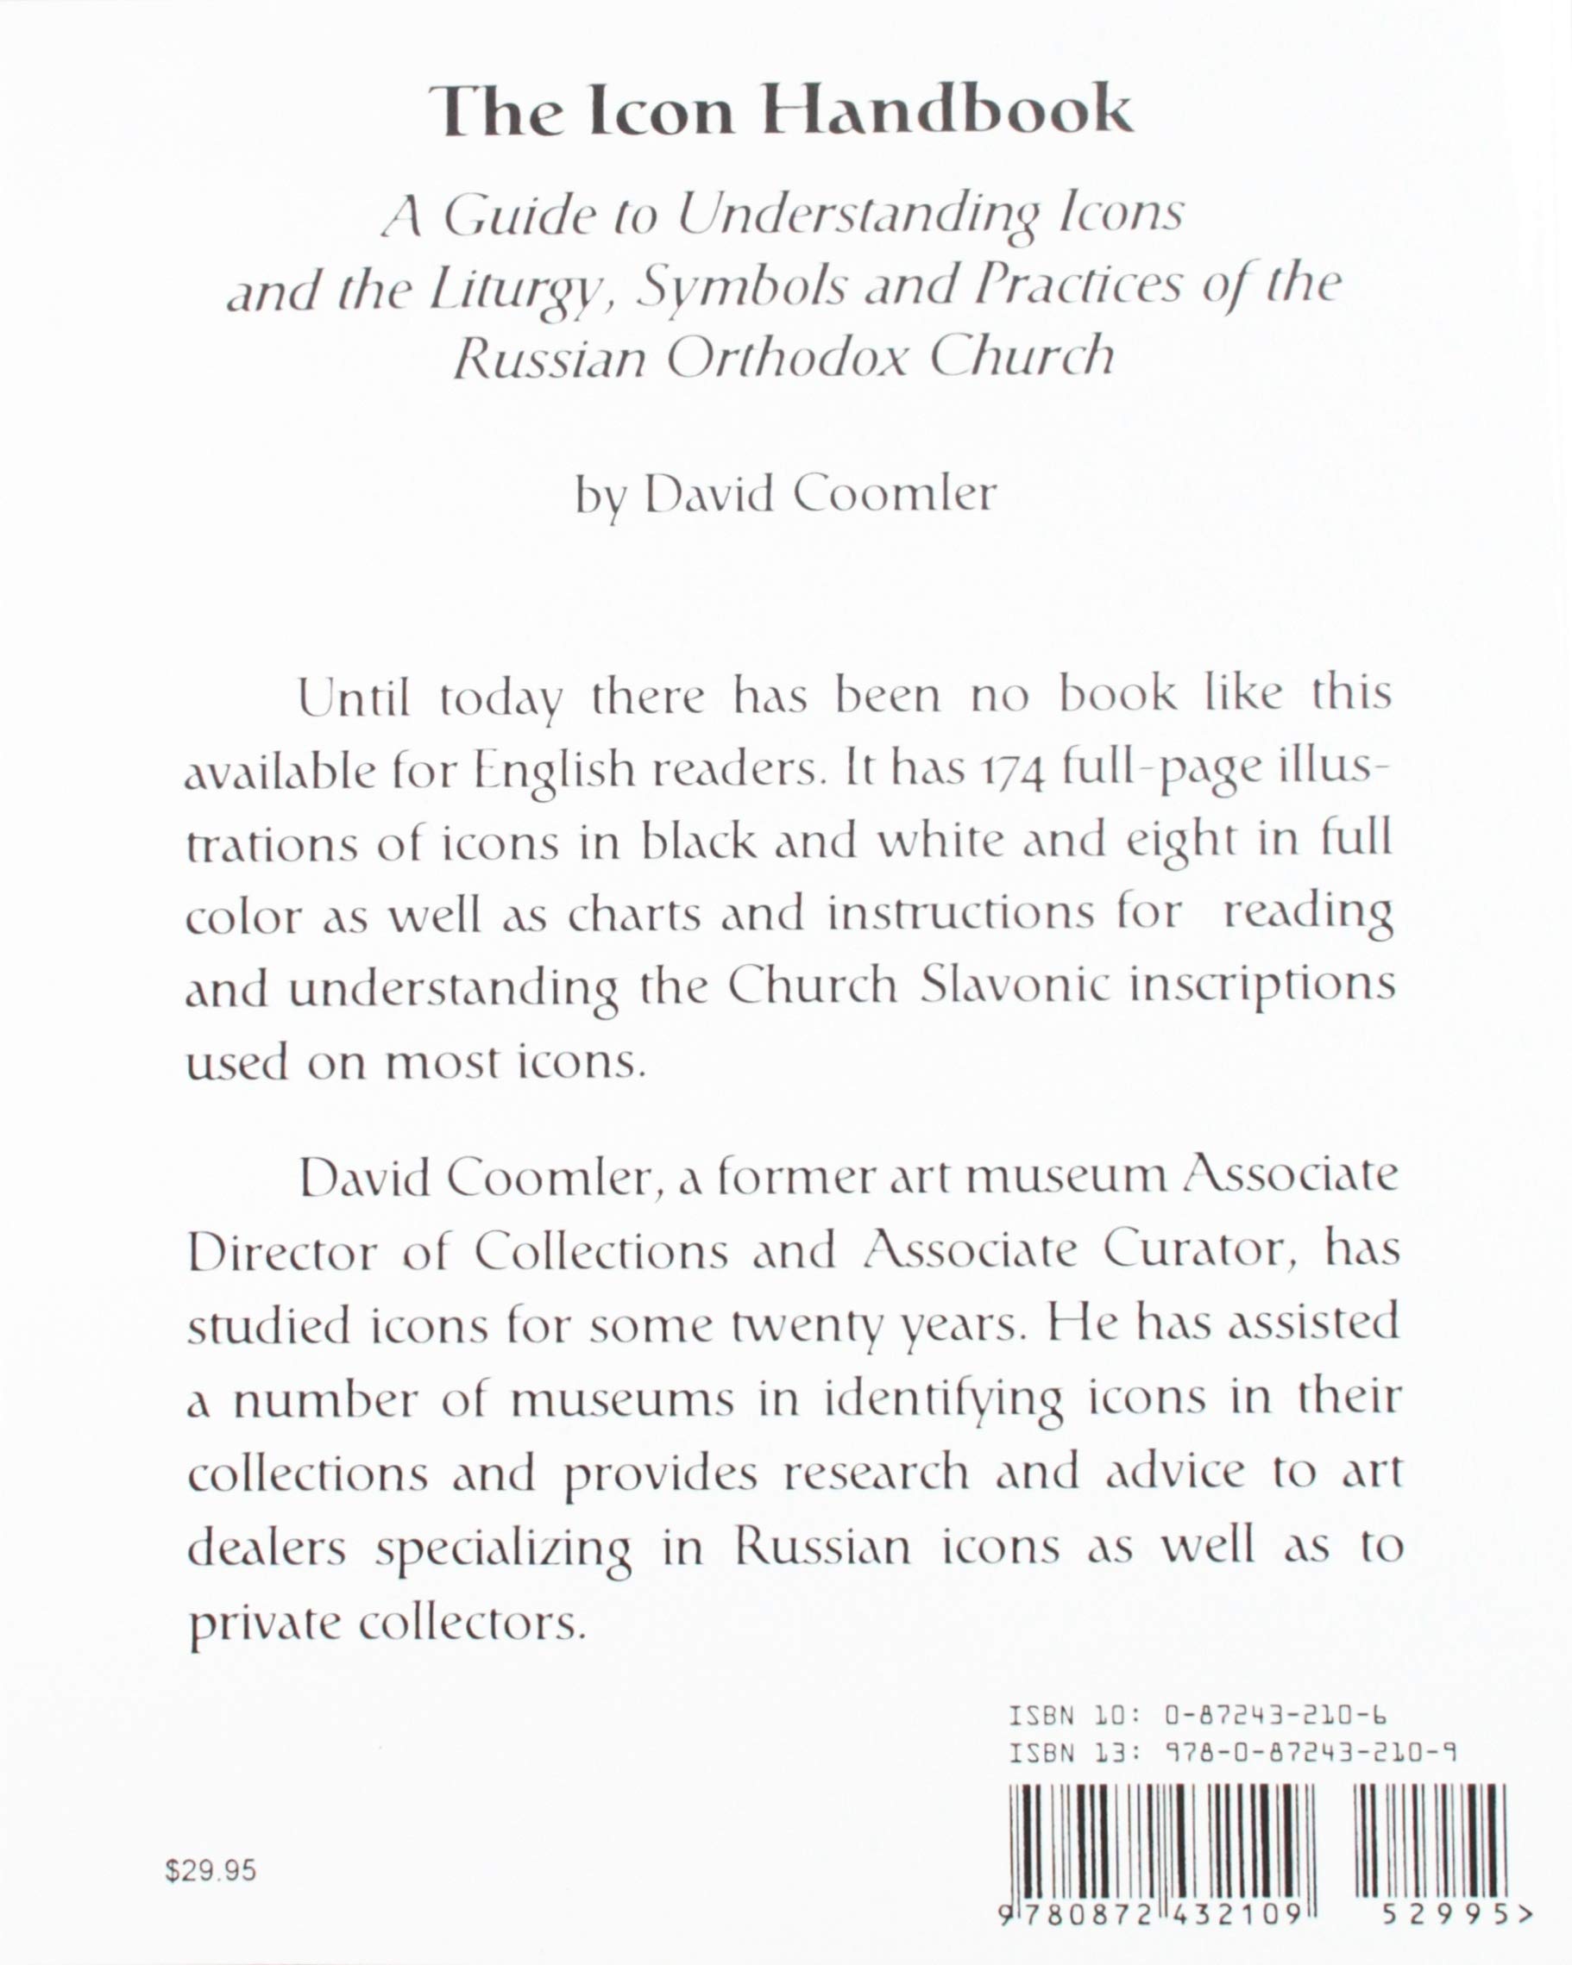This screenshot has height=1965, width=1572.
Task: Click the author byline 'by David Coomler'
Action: point(785,495)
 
